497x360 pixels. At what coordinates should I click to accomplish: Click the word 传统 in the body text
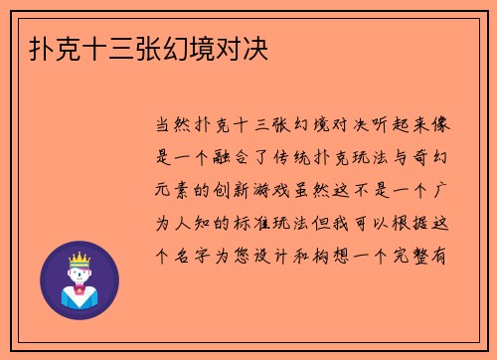[309, 157]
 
